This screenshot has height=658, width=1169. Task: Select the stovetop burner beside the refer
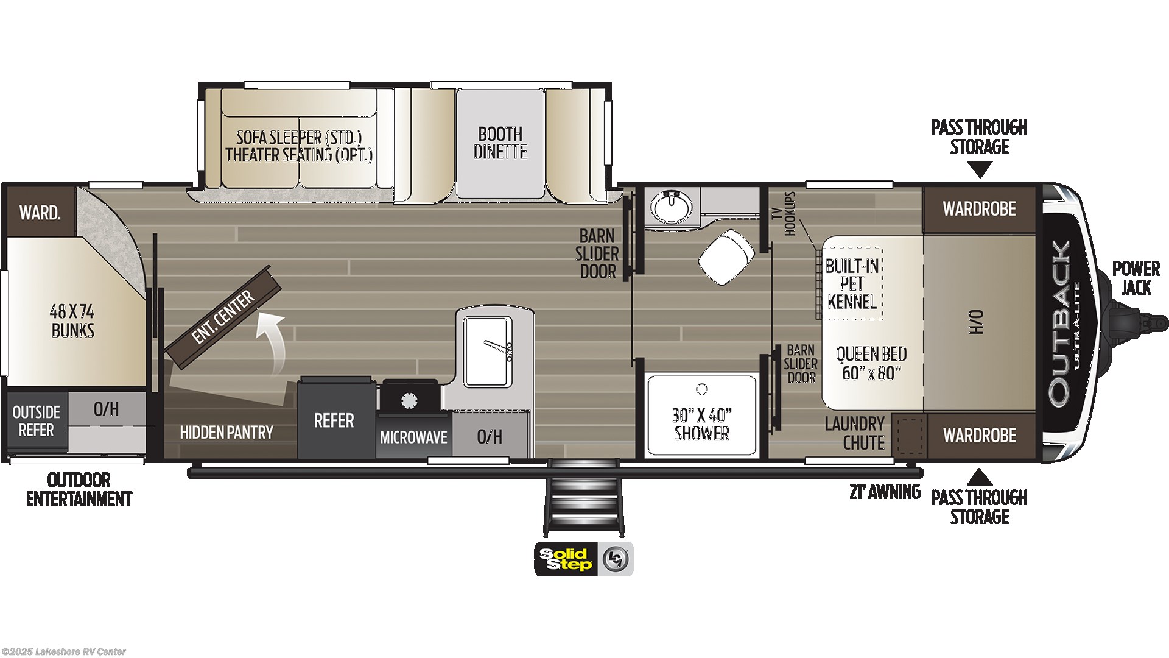click(409, 400)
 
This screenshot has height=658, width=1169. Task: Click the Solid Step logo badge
click(584, 559)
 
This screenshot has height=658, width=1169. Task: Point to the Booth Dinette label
click(500, 143)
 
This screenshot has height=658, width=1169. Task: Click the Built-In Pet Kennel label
click(852, 283)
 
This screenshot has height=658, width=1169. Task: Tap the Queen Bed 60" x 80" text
click(871, 363)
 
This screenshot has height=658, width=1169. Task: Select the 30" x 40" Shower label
click(702, 424)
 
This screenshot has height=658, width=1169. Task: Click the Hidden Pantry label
click(226, 433)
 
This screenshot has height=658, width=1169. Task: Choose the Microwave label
click(414, 437)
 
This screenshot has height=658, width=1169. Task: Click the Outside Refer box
click(37, 421)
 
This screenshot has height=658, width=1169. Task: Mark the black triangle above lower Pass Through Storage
click(980, 476)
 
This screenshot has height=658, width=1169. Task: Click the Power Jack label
click(1136, 278)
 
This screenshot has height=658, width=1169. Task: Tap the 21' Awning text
click(885, 492)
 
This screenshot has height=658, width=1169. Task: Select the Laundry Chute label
click(855, 433)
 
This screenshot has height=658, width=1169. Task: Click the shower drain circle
click(702, 389)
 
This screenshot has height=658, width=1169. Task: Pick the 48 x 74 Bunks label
click(72, 321)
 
